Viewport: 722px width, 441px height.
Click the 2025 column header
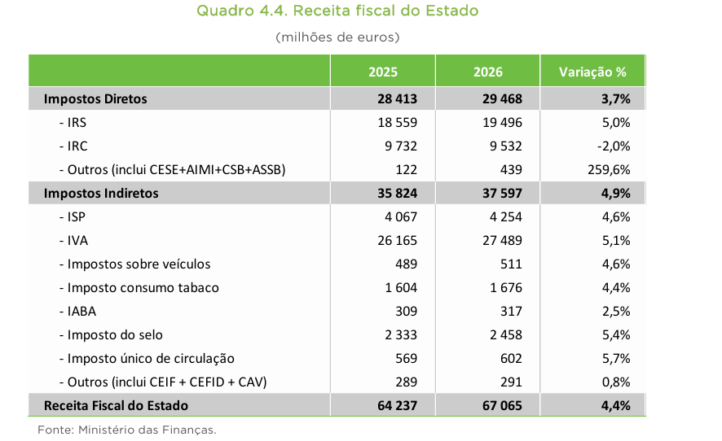tap(382, 72)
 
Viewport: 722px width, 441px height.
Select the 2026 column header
tap(487, 72)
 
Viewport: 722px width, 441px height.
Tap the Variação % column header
tap(592, 72)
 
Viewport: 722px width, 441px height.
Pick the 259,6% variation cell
tap(606, 169)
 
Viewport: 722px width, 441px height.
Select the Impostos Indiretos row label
tap(101, 193)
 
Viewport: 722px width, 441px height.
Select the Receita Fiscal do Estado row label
tap(116, 405)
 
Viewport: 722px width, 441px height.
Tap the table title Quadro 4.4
tap(337, 11)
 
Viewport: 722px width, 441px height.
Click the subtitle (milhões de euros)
tap(337, 37)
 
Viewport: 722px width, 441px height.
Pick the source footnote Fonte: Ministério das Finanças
tap(127, 429)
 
